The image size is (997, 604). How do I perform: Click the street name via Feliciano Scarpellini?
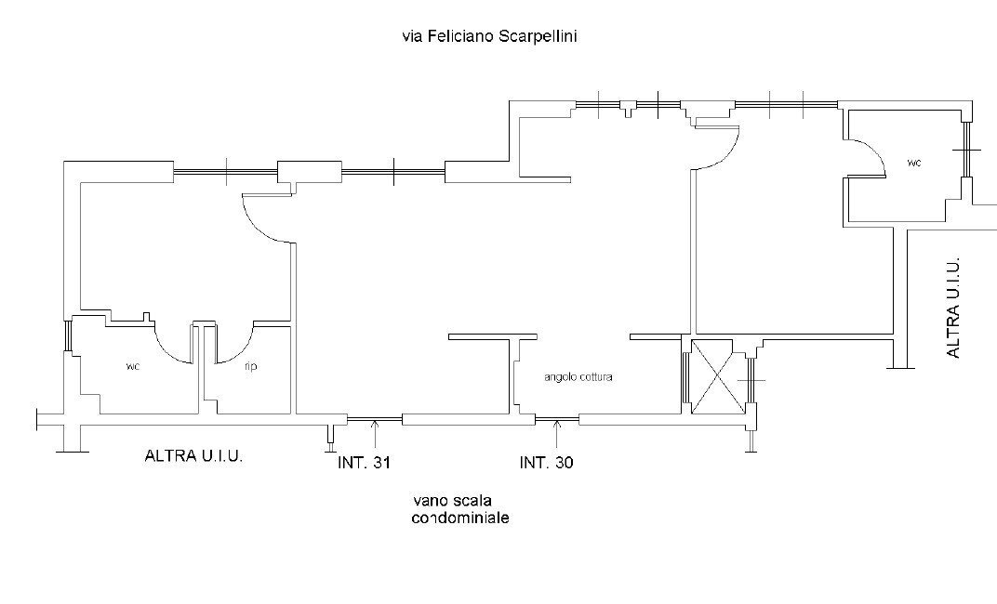tap(492, 36)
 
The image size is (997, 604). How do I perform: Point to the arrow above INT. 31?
tap(374, 430)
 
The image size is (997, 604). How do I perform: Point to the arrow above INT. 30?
tap(556, 430)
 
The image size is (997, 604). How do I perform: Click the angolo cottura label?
tap(578, 378)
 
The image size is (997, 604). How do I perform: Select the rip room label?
tap(250, 366)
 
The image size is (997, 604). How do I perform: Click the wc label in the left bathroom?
tap(133, 366)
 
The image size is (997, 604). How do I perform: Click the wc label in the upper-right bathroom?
tap(914, 163)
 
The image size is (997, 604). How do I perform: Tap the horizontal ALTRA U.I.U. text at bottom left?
tap(193, 456)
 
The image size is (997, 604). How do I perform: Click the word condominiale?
tap(460, 519)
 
